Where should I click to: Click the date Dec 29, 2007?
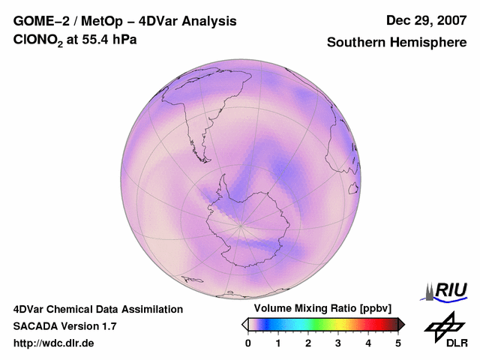click(425, 21)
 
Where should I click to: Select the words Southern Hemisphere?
click(397, 43)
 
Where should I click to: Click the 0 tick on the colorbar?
click(248, 343)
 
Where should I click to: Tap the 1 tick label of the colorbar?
click(278, 343)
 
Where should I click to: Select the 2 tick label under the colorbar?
click(308, 343)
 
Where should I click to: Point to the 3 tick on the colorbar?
click(338, 343)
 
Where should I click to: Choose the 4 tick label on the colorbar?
click(368, 343)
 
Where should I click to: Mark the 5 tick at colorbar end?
click(398, 343)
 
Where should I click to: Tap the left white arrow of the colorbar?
click(244, 324)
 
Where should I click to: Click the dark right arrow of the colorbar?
click(402, 324)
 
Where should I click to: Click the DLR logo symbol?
click(443, 325)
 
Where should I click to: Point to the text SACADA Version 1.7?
click(64, 326)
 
